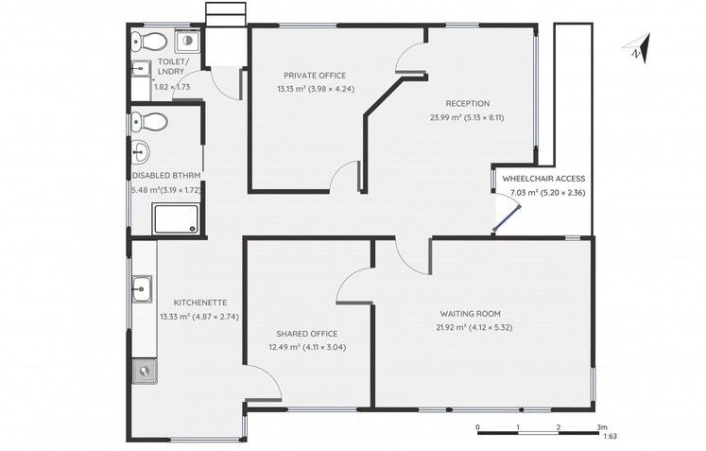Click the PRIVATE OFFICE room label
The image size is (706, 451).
click(x=315, y=76)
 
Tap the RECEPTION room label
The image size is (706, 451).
click(x=468, y=104)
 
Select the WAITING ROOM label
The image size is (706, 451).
click(x=470, y=314)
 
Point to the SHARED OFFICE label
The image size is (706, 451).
click(x=306, y=334)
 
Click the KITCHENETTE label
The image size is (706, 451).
click(x=200, y=303)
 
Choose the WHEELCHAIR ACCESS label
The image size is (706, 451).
click(x=543, y=179)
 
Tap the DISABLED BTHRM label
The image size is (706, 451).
click(x=166, y=175)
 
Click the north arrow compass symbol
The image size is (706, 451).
click(x=639, y=49)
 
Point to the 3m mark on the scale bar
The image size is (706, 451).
click(x=602, y=426)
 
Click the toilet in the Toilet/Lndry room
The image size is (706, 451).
click(x=149, y=42)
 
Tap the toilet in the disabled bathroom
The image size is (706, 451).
click(x=149, y=122)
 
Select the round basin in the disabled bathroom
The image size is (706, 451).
click(x=141, y=151)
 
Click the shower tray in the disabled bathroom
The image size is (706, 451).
click(x=176, y=219)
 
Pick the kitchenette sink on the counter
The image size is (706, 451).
click(x=142, y=287)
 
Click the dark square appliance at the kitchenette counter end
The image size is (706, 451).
click(x=145, y=371)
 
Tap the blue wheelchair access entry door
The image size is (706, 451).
click(x=507, y=219)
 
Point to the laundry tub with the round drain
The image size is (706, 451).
click(x=187, y=42)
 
